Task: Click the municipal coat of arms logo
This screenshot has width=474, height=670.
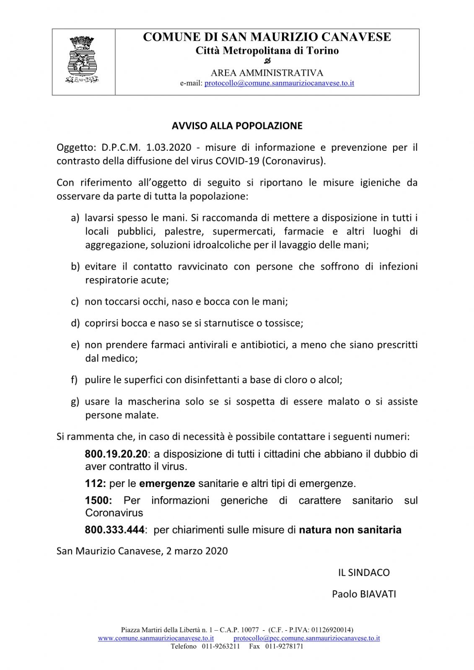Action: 83,59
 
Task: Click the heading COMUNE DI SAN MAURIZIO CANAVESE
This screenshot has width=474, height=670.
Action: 267,37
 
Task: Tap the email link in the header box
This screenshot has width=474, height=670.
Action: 279,83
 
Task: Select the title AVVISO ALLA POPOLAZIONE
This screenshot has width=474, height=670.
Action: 237,126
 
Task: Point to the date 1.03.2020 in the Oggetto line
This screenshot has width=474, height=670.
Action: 168,148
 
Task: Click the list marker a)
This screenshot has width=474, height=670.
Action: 75,218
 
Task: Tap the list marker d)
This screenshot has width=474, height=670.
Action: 75,323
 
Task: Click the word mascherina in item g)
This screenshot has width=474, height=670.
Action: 154,402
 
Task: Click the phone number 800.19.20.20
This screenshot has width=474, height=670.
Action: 116,454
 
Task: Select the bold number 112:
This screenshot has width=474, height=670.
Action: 95,484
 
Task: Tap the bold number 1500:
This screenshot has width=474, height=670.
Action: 98,501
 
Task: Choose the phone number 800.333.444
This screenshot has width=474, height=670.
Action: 114,530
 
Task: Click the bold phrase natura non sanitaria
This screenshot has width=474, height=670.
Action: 350,530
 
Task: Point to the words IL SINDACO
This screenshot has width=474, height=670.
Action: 364,573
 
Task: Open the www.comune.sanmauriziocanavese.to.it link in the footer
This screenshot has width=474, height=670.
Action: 156,639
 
